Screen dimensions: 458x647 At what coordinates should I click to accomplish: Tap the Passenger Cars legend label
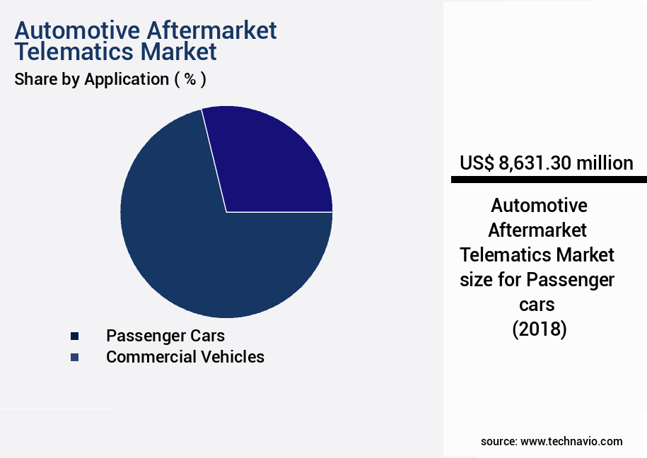click(165, 335)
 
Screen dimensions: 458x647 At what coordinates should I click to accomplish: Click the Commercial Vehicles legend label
click(185, 357)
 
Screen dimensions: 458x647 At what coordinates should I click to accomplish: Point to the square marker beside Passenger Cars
click(74, 336)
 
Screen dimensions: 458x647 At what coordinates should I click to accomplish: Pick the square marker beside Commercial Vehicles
click(74, 358)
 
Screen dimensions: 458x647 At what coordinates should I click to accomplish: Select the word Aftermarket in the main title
click(213, 30)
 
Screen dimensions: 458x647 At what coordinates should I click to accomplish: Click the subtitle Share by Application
click(91, 79)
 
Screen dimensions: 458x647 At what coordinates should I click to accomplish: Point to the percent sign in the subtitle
click(190, 79)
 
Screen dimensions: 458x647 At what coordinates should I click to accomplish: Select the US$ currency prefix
click(477, 163)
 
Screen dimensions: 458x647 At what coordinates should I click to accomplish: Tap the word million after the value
click(605, 163)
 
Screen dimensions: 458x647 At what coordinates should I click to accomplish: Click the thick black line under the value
click(549, 180)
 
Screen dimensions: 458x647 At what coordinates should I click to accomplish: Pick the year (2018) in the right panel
click(539, 329)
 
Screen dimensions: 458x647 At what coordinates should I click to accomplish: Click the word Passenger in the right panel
click(569, 280)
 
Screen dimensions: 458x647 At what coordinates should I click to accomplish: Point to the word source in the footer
click(498, 441)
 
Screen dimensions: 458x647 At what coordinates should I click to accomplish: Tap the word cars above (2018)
click(539, 305)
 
